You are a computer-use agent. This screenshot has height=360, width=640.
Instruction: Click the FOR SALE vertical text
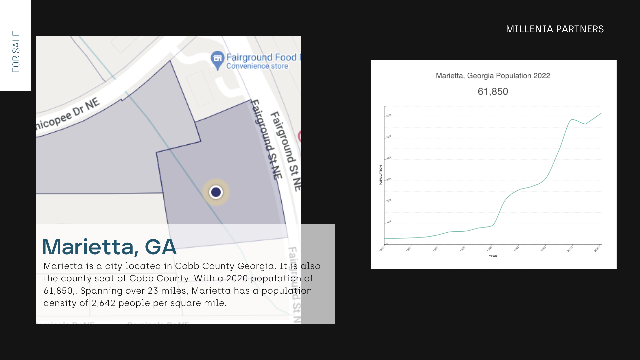tap(16, 52)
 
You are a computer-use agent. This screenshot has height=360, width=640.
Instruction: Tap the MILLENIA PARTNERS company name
tap(555, 29)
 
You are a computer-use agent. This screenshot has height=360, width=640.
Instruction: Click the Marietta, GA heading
tap(109, 247)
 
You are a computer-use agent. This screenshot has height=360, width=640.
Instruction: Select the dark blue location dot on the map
tap(216, 192)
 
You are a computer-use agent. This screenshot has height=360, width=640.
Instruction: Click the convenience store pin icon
tap(217, 59)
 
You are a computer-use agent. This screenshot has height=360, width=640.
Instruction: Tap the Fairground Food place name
tap(262, 57)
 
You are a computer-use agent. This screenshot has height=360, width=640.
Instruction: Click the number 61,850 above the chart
tap(493, 92)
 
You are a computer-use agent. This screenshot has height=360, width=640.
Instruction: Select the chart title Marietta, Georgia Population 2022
tap(493, 76)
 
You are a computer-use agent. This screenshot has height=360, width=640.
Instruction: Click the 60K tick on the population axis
tap(389, 116)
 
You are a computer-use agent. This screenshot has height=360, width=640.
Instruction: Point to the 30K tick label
tap(389, 179)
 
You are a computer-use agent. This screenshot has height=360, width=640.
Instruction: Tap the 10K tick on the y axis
tap(389, 222)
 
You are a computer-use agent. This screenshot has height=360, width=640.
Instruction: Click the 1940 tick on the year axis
tap(489, 249)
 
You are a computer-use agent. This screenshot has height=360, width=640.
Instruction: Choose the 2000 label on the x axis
tap(570, 249)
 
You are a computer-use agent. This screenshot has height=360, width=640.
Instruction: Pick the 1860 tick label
tap(382, 249)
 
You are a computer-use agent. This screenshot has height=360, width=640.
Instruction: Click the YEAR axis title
tap(493, 256)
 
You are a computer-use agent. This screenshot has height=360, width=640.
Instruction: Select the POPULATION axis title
tap(380, 175)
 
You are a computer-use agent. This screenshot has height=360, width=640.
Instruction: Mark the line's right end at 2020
tap(602, 113)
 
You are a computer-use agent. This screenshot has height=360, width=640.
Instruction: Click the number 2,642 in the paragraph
tap(103, 303)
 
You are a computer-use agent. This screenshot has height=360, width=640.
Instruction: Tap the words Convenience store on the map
tap(257, 66)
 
